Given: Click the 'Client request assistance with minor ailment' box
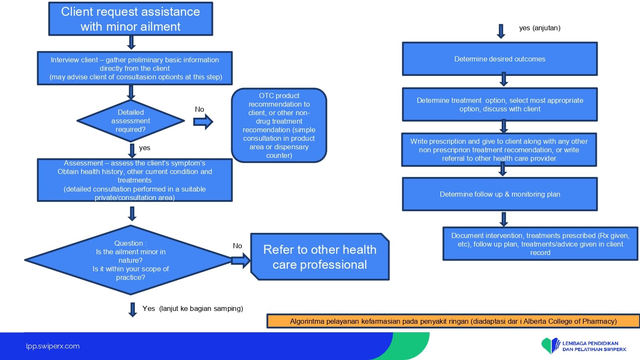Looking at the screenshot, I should click(131, 19).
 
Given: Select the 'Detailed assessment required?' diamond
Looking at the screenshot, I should click(131, 121).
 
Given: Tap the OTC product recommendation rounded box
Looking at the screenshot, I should click(279, 125).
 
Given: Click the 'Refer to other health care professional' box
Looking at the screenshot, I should click(320, 257).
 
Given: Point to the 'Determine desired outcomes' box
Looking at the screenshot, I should click(500, 59).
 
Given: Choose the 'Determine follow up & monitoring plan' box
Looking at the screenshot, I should click(500, 194).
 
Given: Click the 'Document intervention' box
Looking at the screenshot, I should click(540, 244).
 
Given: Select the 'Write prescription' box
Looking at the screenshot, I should click(499, 150).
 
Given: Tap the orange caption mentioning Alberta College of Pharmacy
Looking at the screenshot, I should click(453, 321).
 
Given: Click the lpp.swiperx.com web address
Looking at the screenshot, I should click(52, 346).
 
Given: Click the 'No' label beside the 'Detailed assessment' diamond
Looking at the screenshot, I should click(199, 109).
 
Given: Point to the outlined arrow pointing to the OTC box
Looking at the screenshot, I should click(203, 122).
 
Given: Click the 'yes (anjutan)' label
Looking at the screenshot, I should click(540, 28).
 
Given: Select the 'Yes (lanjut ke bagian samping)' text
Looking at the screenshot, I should click(192, 308).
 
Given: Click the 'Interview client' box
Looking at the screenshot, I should click(135, 68).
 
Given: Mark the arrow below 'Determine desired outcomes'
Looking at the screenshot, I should click(504, 79).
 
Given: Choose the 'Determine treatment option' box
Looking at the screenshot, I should click(500, 105).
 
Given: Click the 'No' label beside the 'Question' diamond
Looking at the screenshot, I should click(237, 246).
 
